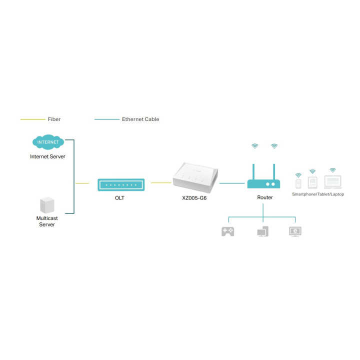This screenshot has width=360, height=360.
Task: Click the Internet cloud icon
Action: [x=47, y=142]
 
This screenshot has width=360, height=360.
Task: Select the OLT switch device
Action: [x=121, y=184]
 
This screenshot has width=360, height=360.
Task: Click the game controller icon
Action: [x=228, y=231]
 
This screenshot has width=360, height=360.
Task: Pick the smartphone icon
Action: [x=298, y=183]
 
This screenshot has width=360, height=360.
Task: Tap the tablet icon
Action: [x=312, y=182]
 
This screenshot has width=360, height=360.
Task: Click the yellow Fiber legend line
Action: [x=32, y=119]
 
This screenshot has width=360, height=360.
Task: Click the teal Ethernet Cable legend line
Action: [x=106, y=119]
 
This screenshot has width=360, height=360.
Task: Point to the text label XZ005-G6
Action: [x=195, y=198]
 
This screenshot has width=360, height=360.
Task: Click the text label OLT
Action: [x=119, y=198]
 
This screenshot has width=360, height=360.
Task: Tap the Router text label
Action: [x=265, y=197]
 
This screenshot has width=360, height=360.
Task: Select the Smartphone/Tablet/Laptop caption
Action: [x=318, y=194]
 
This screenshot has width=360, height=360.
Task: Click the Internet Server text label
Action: [x=47, y=156]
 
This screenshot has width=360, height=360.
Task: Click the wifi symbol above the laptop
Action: [x=332, y=170]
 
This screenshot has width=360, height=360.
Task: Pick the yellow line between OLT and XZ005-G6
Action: [x=160, y=182]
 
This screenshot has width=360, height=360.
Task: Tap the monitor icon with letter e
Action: [x=295, y=231]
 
